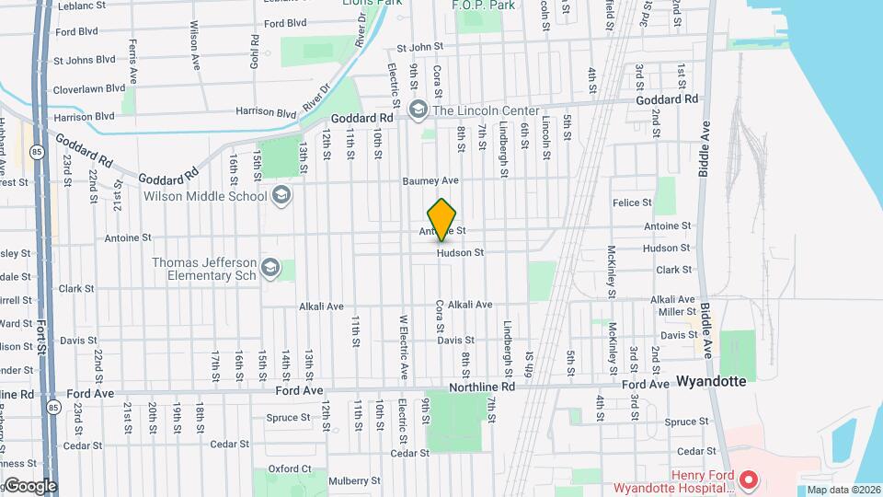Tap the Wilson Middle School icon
point(281,195)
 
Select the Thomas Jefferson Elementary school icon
point(270,268)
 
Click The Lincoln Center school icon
point(419,110)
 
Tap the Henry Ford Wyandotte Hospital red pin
point(749,480)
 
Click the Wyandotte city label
point(711,380)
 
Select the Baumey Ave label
point(430,181)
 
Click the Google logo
point(30,486)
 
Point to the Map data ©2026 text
point(842,490)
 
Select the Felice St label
point(632,202)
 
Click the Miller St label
point(677,312)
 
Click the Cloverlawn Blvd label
point(89,88)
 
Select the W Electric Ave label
point(402,347)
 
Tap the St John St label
point(419,46)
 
